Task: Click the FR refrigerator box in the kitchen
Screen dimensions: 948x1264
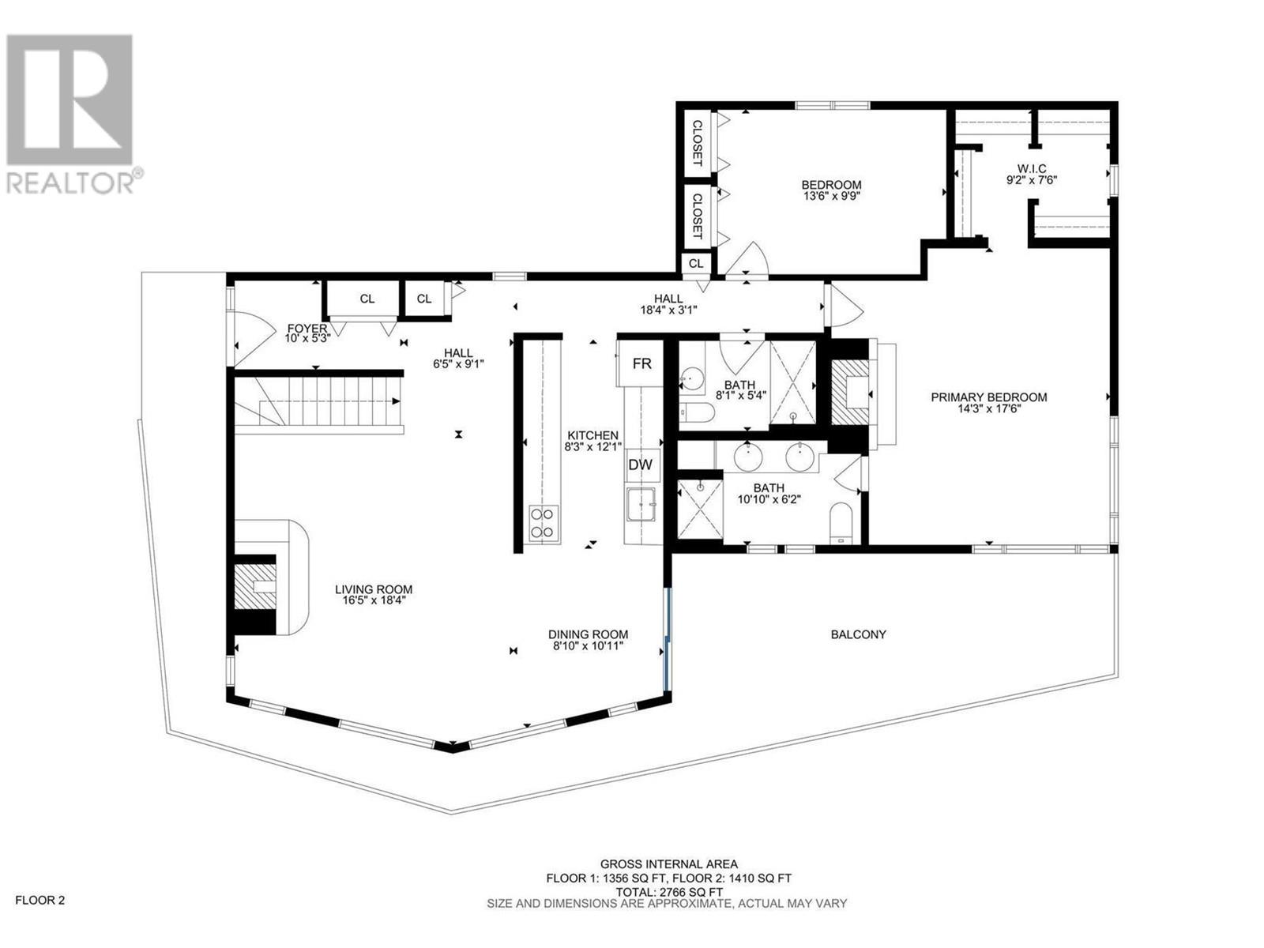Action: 641,363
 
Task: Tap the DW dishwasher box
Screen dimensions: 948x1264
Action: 640,465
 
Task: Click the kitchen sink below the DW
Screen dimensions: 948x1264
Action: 641,504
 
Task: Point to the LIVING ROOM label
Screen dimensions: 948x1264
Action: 374,589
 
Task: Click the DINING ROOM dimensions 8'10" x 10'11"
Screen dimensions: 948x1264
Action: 589,645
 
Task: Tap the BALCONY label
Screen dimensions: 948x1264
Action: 858,634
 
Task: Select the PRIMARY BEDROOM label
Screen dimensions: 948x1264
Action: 988,397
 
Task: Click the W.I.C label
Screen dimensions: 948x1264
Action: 1032,168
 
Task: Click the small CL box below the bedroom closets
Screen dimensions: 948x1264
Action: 696,263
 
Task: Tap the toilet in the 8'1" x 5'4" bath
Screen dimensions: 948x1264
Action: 698,412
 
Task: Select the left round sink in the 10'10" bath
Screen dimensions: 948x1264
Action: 747,456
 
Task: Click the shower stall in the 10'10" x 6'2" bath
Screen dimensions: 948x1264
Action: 700,510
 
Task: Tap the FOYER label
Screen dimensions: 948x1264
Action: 307,328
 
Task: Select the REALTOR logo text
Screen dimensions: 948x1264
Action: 71,182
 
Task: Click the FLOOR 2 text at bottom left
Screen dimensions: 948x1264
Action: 40,900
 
